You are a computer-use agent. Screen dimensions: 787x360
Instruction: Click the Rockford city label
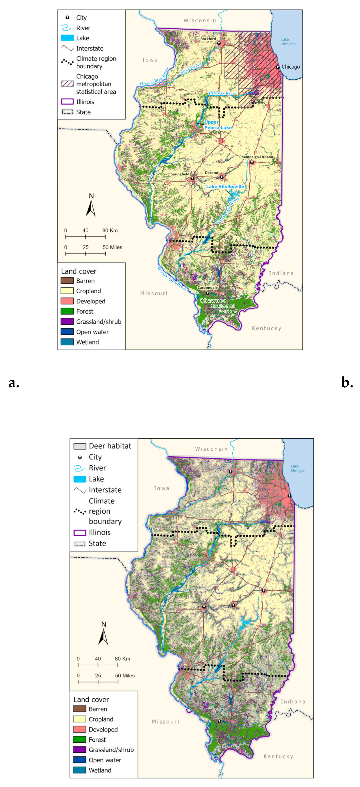click(x=208, y=39)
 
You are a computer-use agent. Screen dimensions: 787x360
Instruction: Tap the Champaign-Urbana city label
click(x=256, y=157)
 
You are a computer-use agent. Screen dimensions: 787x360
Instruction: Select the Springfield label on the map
click(x=180, y=174)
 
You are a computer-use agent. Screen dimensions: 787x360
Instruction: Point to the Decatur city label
click(x=212, y=173)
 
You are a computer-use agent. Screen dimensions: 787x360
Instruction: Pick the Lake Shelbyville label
click(x=225, y=186)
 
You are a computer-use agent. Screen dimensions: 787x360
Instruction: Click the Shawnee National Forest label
click(x=218, y=306)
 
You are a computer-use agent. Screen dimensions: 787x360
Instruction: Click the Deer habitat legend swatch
click(x=80, y=446)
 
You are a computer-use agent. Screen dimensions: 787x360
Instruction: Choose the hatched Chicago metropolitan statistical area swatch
click(x=67, y=84)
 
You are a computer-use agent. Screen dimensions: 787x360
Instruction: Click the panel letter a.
click(x=14, y=383)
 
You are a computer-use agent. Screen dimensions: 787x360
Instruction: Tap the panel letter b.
click(x=347, y=383)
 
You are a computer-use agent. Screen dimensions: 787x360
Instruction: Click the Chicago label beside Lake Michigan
click(x=290, y=67)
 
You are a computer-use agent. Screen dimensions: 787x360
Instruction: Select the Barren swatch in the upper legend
click(x=67, y=280)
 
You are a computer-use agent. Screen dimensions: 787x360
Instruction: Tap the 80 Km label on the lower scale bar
click(x=123, y=659)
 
